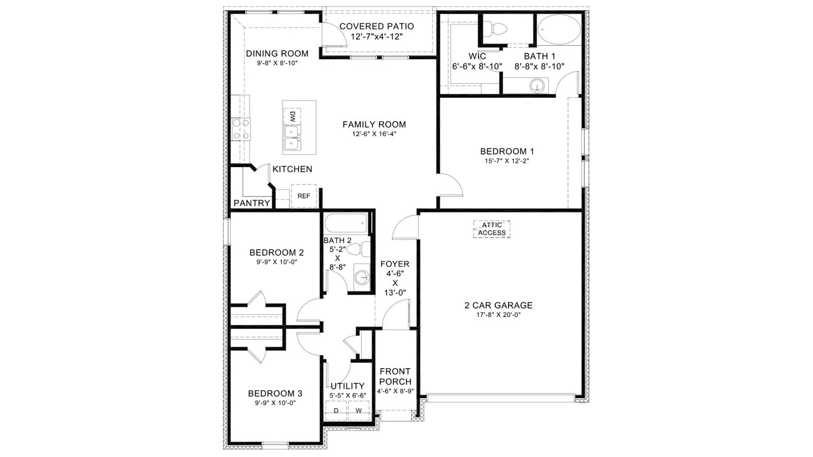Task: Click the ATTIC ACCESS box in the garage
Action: pyautogui.click(x=492, y=229)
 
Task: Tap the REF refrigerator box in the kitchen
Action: pyautogui.click(x=304, y=196)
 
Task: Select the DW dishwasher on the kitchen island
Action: pyautogui.click(x=292, y=116)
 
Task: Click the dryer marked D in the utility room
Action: pyautogui.click(x=336, y=411)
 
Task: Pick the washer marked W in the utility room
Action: pyautogui.click(x=359, y=411)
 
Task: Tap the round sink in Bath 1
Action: pyautogui.click(x=537, y=86)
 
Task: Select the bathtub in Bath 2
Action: pyautogui.click(x=346, y=223)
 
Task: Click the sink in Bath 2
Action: pyautogui.click(x=362, y=278)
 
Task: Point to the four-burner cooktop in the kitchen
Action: pyautogui.click(x=241, y=129)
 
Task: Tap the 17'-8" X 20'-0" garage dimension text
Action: pyautogui.click(x=498, y=315)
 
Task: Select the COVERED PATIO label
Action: pyautogui.click(x=377, y=26)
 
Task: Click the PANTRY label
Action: pyautogui.click(x=252, y=203)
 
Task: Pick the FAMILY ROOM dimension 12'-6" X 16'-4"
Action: pyautogui.click(x=374, y=134)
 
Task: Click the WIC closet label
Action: pyautogui.click(x=477, y=56)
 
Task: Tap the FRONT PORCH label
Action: pyautogui.click(x=395, y=376)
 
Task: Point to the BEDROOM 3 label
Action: pyautogui.click(x=275, y=394)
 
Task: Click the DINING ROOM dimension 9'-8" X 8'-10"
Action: pyautogui.click(x=277, y=63)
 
